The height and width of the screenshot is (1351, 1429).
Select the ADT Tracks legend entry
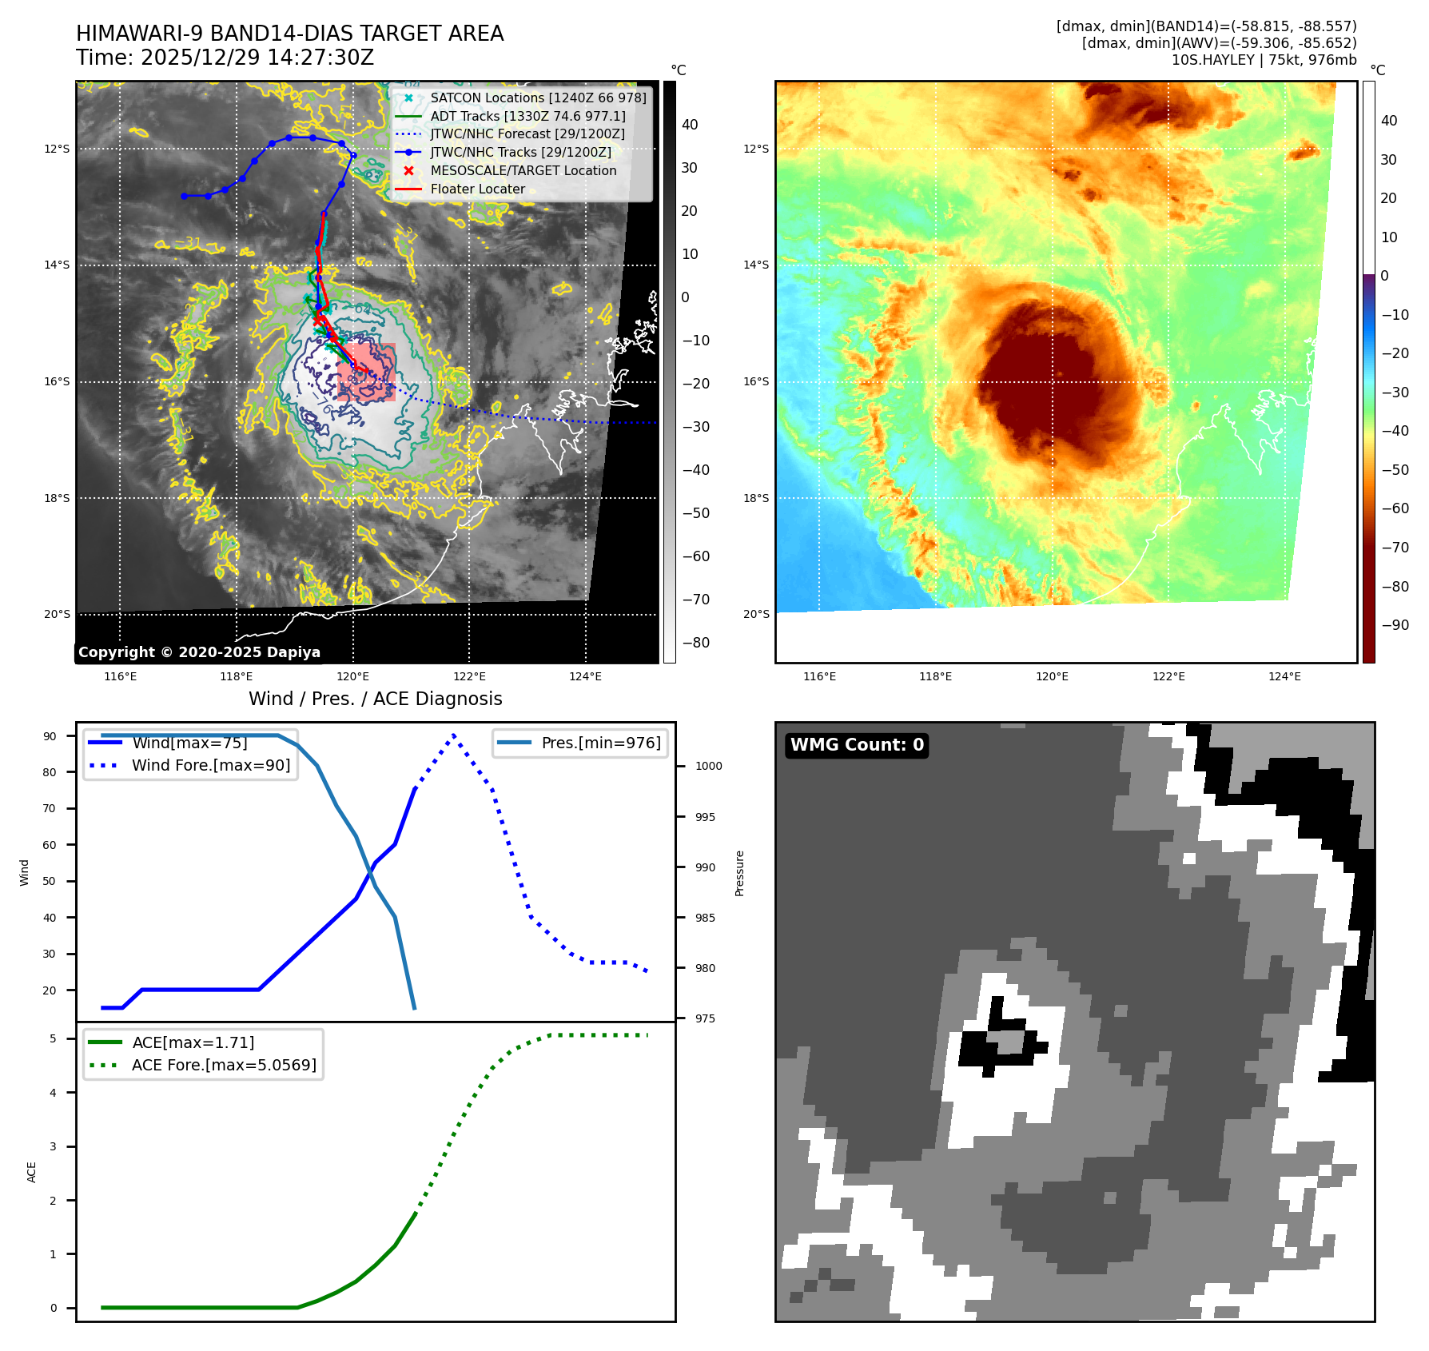[x=527, y=116]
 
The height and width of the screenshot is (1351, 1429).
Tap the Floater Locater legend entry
[x=477, y=189]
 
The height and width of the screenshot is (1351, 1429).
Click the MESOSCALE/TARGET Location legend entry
[x=523, y=171]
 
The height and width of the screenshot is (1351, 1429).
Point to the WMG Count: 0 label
[x=857, y=745]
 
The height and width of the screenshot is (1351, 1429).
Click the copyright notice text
[x=199, y=652]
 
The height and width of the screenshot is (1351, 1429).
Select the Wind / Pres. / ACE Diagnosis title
[x=376, y=699]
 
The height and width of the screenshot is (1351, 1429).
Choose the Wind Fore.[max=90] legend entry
[x=211, y=765]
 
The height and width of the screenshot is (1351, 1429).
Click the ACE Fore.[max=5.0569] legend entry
[x=224, y=1065]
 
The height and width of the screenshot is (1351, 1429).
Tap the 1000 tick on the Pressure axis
[x=708, y=766]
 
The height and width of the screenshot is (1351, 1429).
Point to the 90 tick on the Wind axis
[x=50, y=736]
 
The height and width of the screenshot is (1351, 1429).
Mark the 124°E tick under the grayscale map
[x=585, y=677]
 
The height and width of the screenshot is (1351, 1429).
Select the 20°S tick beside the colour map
[x=756, y=614]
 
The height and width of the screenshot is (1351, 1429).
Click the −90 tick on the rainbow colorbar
[x=1395, y=625]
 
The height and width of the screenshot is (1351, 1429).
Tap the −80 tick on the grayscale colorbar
[x=696, y=643]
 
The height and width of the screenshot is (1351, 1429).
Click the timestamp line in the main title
[x=225, y=58]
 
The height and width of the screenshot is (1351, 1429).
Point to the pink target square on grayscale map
[x=367, y=372]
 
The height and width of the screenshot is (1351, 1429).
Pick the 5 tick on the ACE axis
[x=54, y=1038]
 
